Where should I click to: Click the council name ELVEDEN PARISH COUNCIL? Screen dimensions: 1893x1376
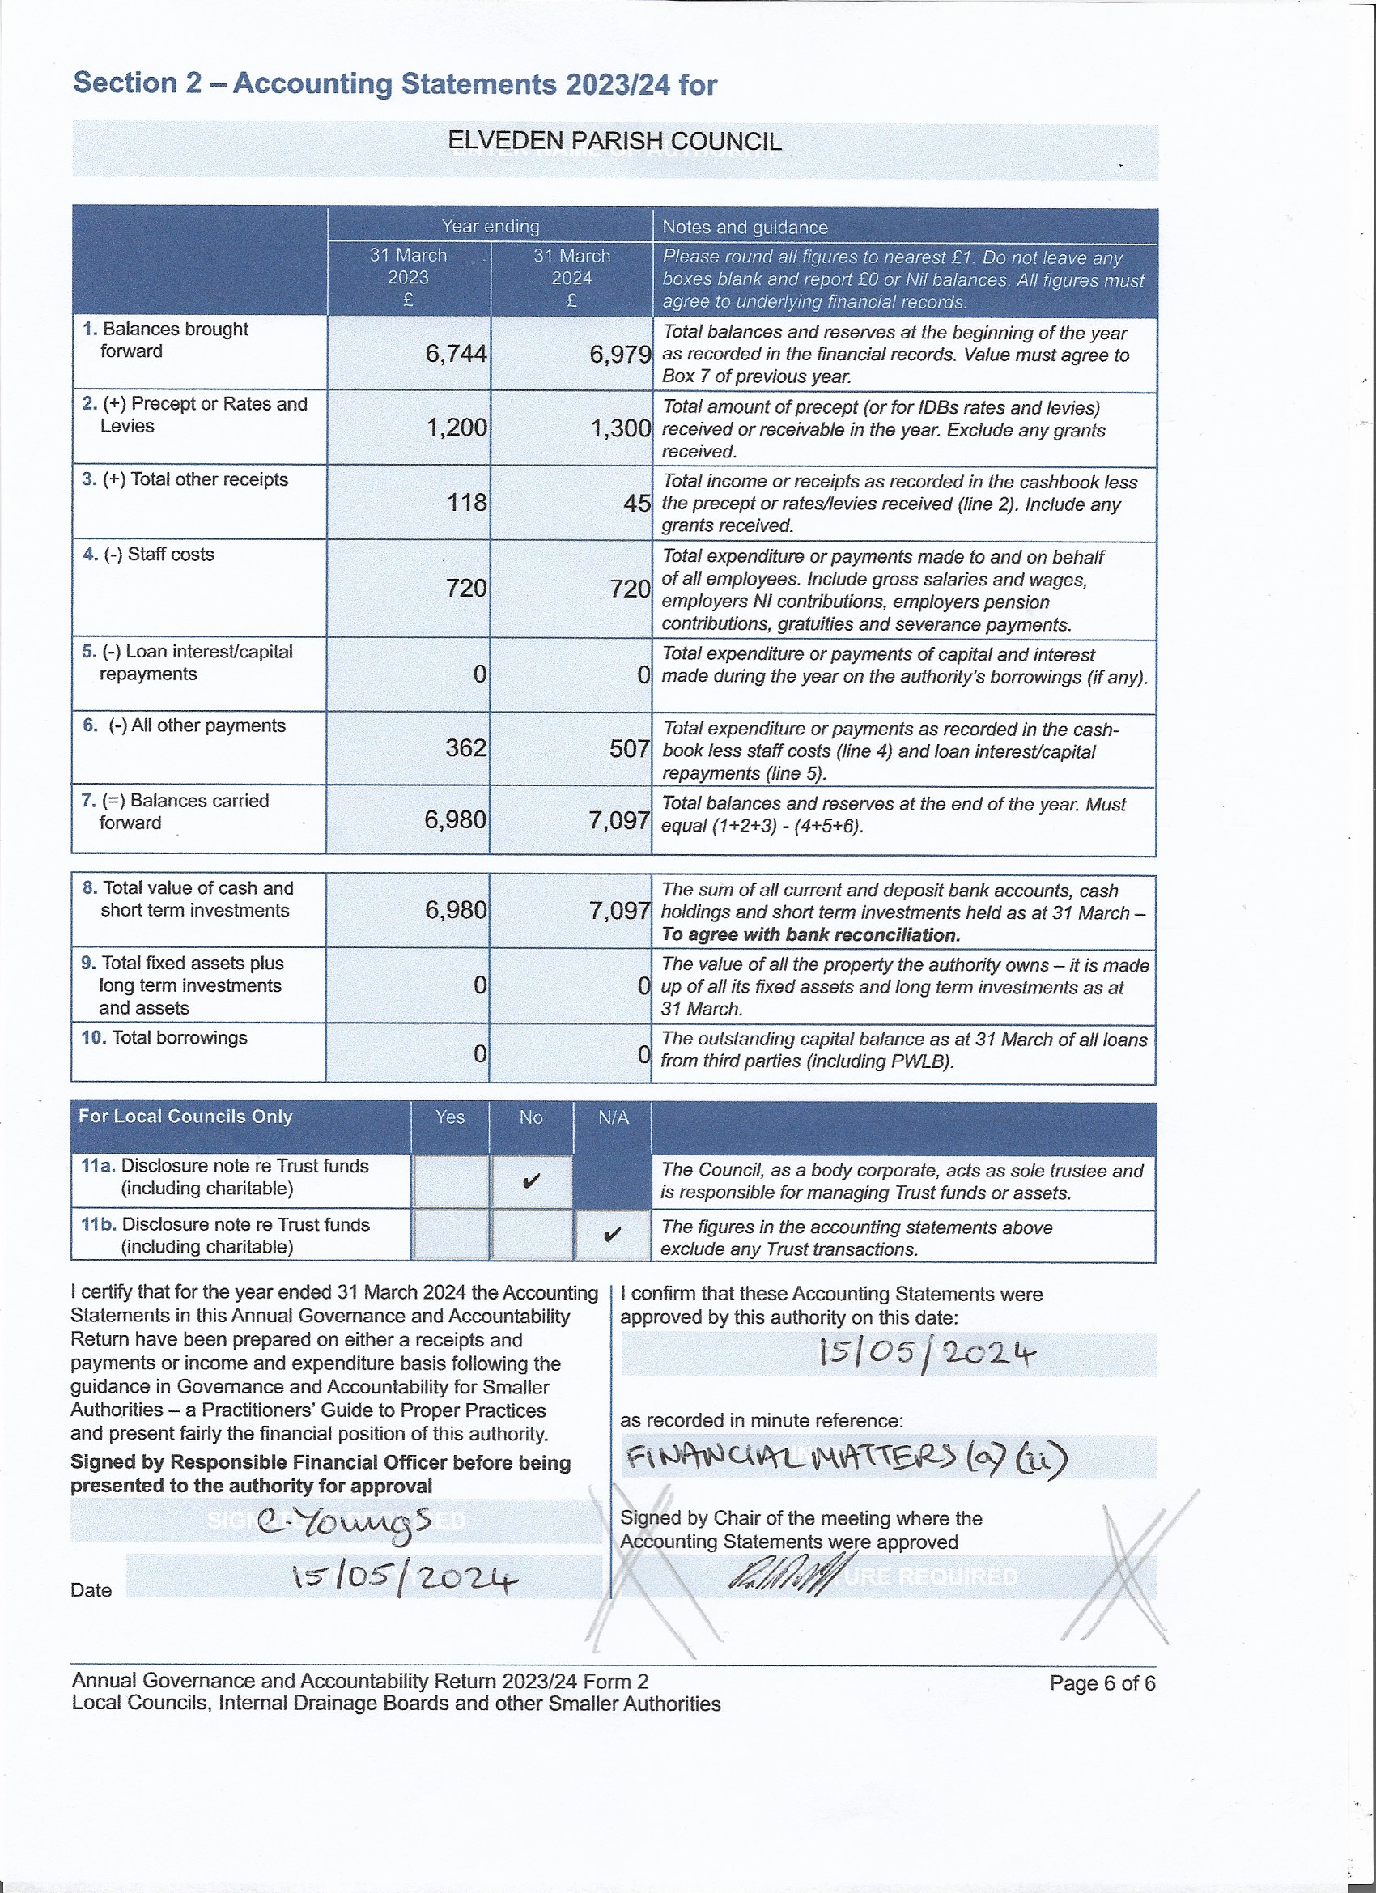pos(614,141)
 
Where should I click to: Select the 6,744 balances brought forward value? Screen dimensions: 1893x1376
pos(456,354)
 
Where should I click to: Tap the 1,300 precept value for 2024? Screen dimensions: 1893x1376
pos(620,428)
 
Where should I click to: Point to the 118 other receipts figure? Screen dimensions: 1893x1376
pos(466,503)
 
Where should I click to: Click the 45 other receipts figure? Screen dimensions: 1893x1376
pos(637,504)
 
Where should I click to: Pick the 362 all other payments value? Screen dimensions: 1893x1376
pos(465,747)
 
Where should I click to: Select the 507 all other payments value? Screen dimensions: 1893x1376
pos(629,748)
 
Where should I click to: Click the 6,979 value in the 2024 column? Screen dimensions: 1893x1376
pos(620,355)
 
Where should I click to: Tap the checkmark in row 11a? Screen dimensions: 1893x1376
pos(530,1182)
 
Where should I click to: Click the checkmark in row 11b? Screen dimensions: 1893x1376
pos(612,1235)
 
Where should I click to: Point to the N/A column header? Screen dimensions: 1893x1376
pos(614,1117)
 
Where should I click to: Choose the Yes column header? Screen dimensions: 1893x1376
pos(450,1117)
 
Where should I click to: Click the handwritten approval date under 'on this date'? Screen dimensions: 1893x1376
pos(927,1354)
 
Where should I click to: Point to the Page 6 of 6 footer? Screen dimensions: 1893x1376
pos(1102,1683)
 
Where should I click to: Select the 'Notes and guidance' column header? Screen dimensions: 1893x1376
pos(745,227)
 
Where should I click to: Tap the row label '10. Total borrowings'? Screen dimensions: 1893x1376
pos(164,1037)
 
